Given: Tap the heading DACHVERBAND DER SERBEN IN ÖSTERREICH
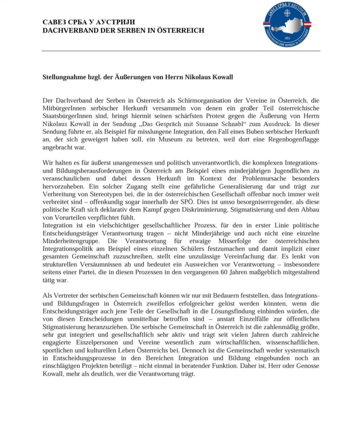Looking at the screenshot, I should (x=123, y=30).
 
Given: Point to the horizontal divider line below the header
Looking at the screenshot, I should (x=181, y=51).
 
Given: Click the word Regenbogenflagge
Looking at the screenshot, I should (x=295, y=140).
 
